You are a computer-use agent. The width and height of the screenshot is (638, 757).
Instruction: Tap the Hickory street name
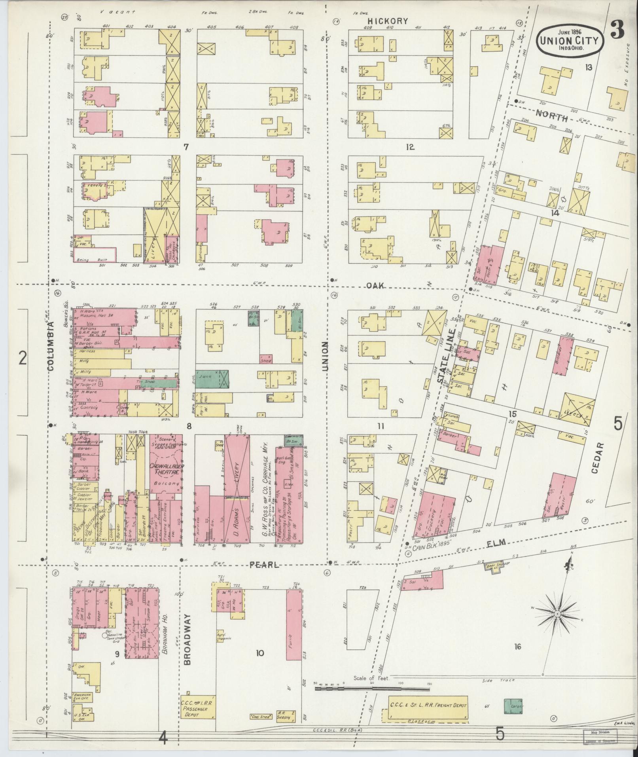pyautogui.click(x=387, y=21)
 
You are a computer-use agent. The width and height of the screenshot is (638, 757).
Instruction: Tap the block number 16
pyautogui.click(x=517, y=647)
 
